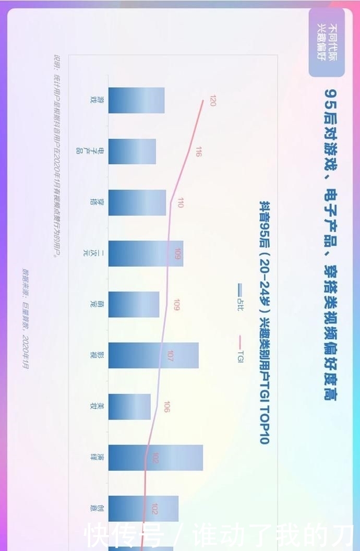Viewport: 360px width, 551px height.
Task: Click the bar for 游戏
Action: (x=136, y=100)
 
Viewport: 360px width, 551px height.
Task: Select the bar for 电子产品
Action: (x=132, y=151)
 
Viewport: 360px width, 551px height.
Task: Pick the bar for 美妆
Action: (x=129, y=406)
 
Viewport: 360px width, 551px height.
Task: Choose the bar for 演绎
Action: (x=155, y=458)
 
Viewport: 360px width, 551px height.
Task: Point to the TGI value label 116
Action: (x=199, y=152)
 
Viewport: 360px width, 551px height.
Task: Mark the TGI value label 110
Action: (x=181, y=203)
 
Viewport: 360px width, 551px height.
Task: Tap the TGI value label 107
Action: (x=171, y=356)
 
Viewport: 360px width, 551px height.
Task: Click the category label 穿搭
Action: (x=94, y=202)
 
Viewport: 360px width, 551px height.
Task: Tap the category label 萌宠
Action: (x=94, y=304)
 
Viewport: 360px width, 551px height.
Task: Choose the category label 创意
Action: (x=94, y=509)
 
